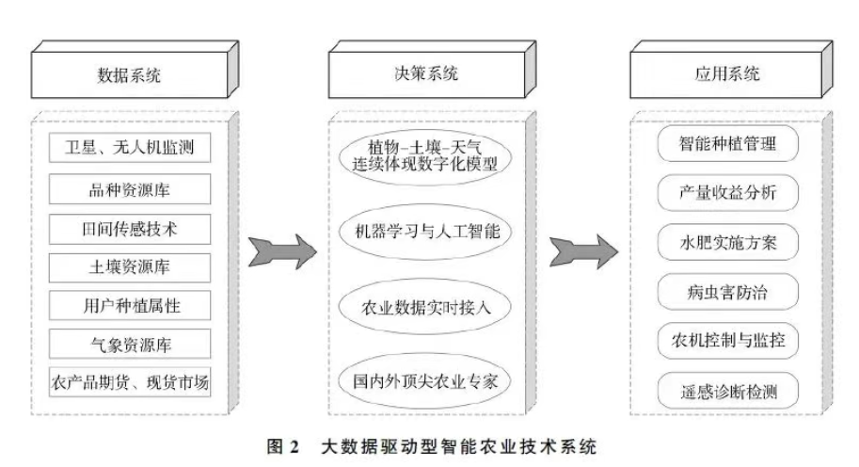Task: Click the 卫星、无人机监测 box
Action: tap(128, 148)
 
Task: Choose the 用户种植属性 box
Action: tap(128, 304)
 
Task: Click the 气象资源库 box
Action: tap(128, 343)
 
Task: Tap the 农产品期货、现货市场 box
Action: tap(128, 382)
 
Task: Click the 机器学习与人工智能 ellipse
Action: tap(422, 230)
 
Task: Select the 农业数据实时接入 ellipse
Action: tap(422, 306)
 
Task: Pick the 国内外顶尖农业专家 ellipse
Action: tap(422, 382)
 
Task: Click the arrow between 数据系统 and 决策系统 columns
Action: tap(281, 251)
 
